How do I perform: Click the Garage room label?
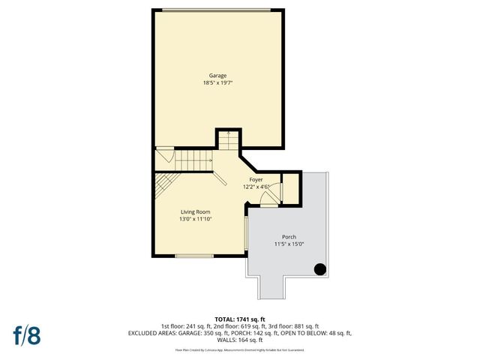(x=218, y=76)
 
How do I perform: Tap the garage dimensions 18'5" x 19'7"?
(x=218, y=83)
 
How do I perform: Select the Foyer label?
(x=256, y=180)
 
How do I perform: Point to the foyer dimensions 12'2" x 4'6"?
(x=256, y=187)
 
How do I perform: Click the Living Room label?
(x=193, y=212)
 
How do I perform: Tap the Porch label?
(x=289, y=236)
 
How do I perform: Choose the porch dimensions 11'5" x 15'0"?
(x=289, y=244)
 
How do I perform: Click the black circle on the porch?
(x=319, y=270)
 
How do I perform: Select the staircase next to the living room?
(x=193, y=160)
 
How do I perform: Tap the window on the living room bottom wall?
(x=193, y=256)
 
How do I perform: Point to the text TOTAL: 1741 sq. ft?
(x=240, y=319)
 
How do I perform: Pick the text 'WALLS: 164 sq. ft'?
(x=239, y=340)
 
